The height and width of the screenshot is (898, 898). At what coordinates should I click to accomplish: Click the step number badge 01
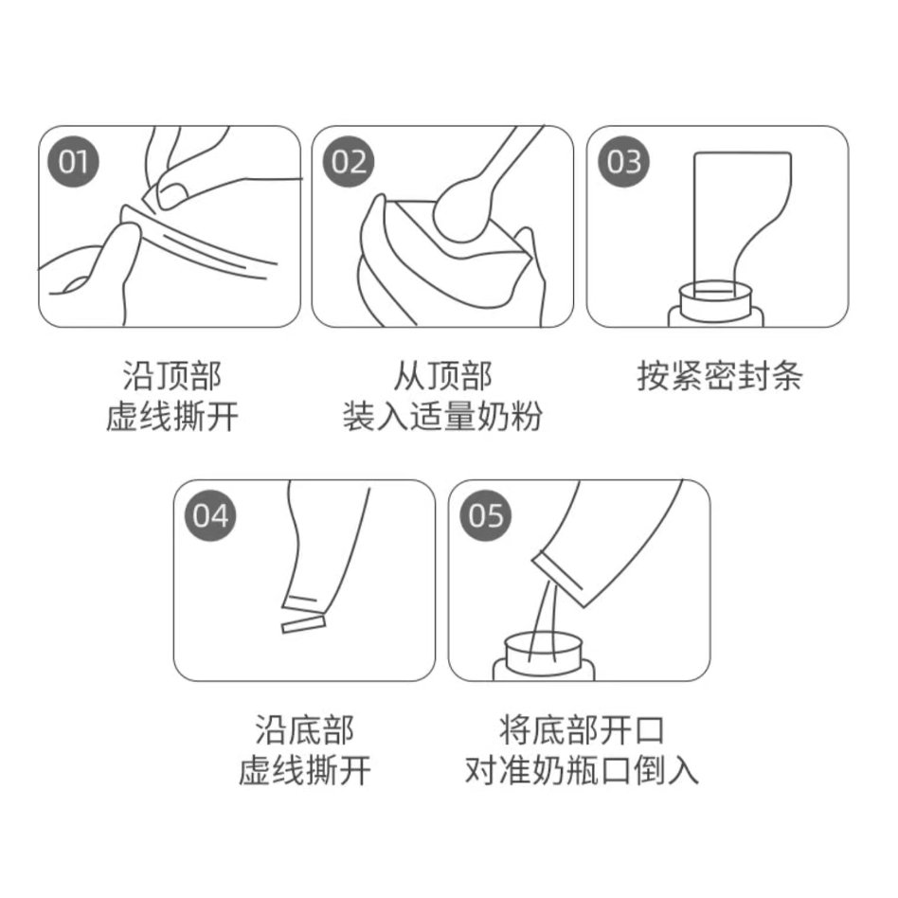tap(73, 161)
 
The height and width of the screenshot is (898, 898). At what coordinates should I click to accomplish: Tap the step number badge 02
tap(349, 161)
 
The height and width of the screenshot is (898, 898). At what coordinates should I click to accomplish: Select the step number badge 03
tap(623, 161)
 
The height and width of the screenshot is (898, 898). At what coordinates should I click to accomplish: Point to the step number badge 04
tap(210, 515)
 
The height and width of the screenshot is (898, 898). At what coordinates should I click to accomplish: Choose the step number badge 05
tap(486, 515)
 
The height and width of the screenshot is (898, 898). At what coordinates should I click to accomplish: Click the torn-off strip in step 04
tap(303, 624)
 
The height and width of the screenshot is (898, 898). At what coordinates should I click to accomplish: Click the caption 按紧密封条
tap(720, 376)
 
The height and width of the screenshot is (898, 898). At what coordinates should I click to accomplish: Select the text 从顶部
tap(442, 376)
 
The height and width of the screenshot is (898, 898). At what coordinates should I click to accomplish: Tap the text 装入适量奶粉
tap(442, 417)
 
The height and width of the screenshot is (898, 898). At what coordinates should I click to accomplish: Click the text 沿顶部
tap(171, 376)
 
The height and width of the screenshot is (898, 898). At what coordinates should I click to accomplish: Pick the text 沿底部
tap(305, 730)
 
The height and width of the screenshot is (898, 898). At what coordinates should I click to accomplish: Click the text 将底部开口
tap(582, 730)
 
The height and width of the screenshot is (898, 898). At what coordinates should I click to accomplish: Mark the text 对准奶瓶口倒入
tap(582, 770)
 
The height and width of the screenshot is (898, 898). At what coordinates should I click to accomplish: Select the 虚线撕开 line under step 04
tap(305, 770)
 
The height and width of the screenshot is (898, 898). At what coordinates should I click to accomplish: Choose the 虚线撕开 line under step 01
tap(171, 417)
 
